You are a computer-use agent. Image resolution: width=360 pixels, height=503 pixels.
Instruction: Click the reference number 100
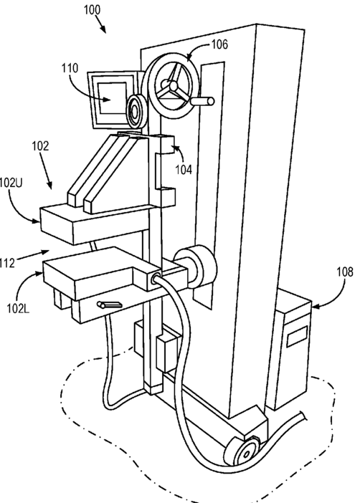tap(93, 10)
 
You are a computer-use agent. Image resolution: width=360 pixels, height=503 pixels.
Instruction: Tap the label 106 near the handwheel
tap(219, 44)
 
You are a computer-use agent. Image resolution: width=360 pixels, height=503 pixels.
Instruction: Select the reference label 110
tap(70, 68)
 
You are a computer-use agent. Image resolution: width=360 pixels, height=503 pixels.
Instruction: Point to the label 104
tap(184, 169)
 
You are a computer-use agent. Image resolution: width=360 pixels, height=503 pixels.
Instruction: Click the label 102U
tap(11, 183)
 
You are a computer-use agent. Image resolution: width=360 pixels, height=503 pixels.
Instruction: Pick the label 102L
tap(18, 309)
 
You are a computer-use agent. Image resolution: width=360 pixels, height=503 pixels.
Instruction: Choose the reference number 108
tap(345, 272)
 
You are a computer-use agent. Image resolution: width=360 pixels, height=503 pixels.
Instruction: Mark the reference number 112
tap(7, 263)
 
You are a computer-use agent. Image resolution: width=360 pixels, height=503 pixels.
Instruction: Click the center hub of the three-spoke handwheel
tap(173, 86)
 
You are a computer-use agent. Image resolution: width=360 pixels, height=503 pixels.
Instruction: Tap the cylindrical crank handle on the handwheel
tap(203, 101)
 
